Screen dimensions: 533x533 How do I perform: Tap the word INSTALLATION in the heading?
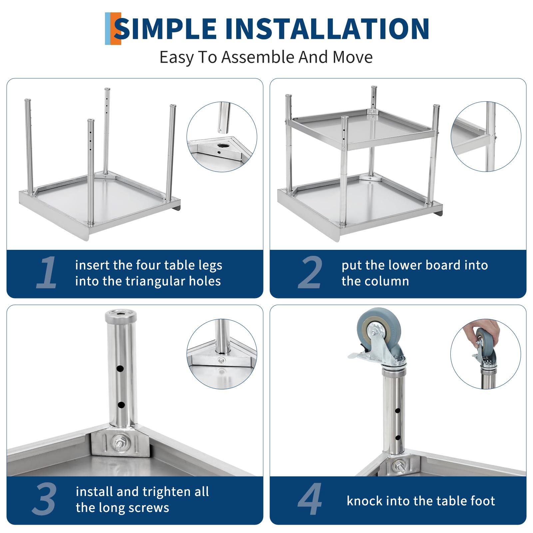(327, 29)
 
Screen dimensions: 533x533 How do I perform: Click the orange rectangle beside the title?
(115, 29)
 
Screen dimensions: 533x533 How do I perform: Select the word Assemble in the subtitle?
(259, 57)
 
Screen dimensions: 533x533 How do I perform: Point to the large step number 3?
(45, 499)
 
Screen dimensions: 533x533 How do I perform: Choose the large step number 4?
(310, 499)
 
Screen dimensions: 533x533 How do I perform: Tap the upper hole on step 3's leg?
(120, 369)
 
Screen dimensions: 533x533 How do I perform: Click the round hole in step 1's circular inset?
(222, 146)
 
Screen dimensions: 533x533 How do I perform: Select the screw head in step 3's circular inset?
(221, 360)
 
